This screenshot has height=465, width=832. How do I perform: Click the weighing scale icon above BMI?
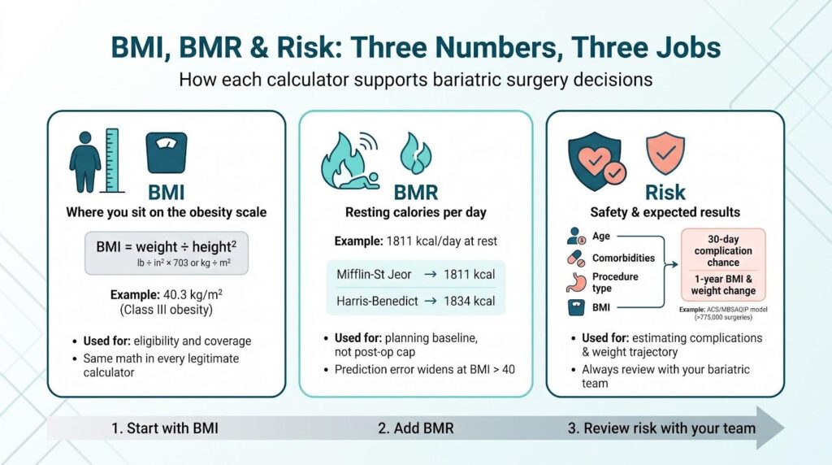point(166,152)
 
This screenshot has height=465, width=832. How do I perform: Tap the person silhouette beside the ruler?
point(84,162)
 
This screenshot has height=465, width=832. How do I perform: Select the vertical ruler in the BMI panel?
point(112,160)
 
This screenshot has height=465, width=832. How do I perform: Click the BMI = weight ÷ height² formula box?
point(166,253)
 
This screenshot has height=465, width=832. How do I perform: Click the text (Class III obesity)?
point(166,310)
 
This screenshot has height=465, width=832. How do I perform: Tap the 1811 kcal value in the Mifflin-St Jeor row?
point(469,275)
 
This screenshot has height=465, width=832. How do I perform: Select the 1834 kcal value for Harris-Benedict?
point(469,301)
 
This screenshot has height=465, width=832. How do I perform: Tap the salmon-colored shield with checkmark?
point(665,154)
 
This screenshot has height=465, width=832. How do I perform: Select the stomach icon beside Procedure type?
point(576,282)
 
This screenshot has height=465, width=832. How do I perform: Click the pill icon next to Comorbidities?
point(576,259)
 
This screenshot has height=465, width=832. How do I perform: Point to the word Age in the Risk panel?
point(601,237)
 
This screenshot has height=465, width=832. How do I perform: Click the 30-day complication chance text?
point(723,250)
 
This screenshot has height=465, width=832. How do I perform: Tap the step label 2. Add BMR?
point(416,428)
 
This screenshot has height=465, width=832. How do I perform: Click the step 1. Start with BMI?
point(164,428)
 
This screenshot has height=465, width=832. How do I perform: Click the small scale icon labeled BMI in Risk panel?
point(576,307)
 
